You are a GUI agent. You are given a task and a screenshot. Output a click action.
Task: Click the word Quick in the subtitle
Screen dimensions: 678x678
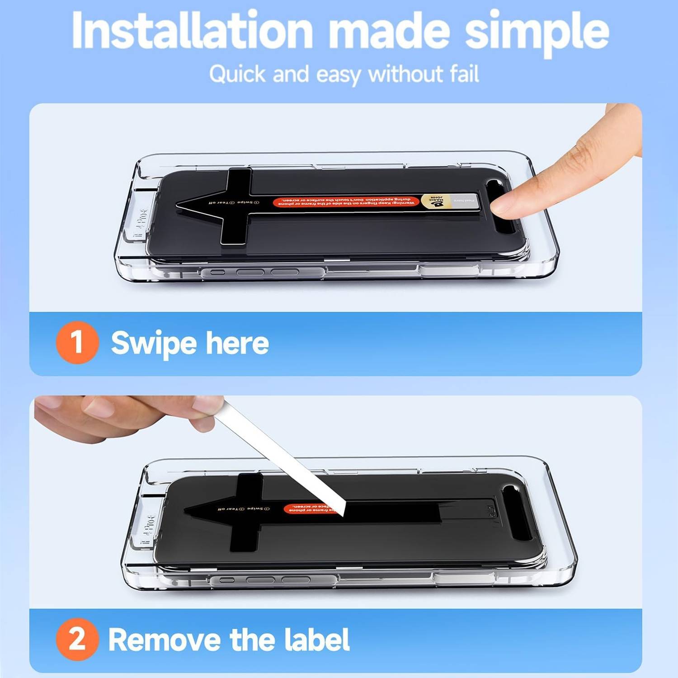coord(237,74)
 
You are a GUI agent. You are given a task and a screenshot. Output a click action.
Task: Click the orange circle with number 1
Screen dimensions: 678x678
coord(77,342)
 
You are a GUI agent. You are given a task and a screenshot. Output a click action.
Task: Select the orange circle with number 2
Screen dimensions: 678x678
coord(77,639)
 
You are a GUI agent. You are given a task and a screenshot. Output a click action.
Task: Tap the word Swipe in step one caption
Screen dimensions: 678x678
coord(154,343)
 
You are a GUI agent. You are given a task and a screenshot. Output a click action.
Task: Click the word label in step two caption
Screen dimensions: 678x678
coord(316,640)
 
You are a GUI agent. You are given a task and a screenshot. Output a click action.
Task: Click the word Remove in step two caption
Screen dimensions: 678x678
coord(165,640)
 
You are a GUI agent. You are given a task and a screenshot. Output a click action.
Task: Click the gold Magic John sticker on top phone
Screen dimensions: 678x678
coord(436,201)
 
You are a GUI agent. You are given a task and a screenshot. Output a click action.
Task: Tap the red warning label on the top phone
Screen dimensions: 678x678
coord(346,202)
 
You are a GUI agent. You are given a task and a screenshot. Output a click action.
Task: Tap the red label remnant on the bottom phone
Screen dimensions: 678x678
coord(307,508)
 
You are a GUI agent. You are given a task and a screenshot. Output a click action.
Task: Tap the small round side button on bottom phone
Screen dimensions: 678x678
coord(226,580)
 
